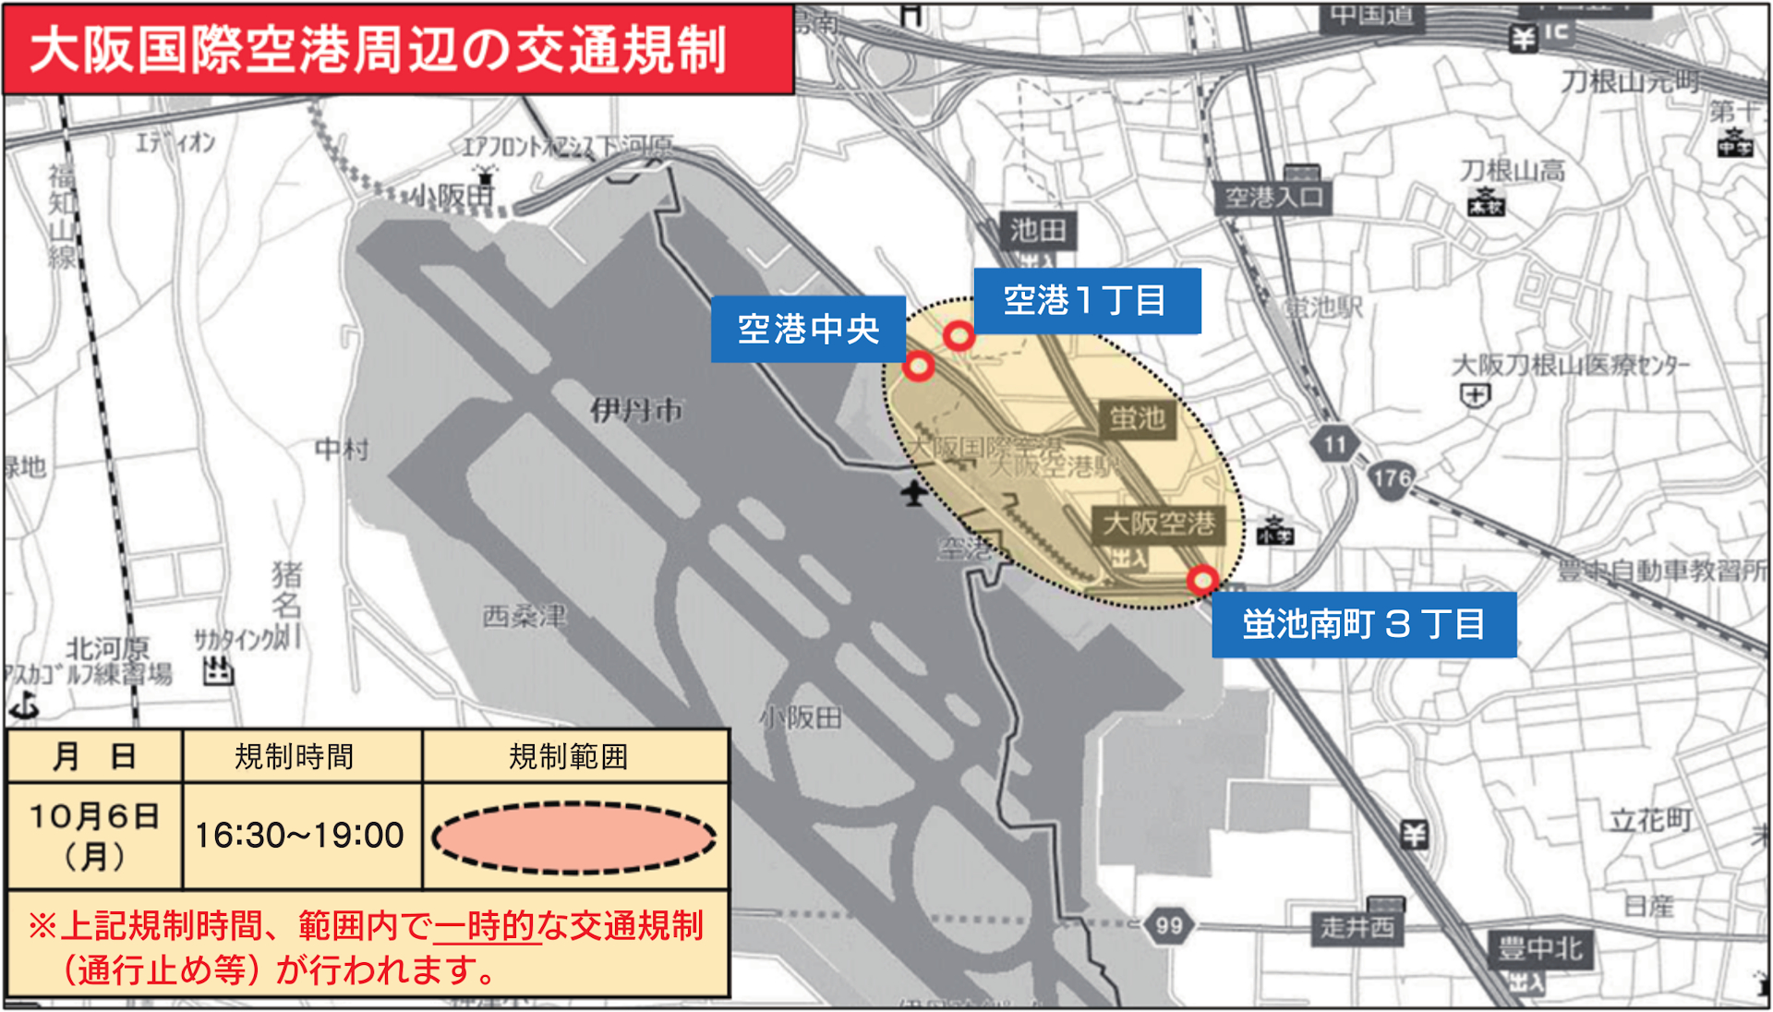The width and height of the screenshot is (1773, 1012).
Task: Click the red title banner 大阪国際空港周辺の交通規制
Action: (397, 50)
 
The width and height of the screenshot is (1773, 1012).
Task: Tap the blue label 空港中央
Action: (808, 329)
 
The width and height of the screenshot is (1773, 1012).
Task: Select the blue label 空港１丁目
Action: (1087, 301)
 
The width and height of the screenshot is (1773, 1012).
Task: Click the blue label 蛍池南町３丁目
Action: (1363, 625)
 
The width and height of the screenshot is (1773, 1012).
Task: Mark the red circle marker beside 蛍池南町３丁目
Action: (1202, 580)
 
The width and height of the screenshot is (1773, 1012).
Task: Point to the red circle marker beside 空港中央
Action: (918, 367)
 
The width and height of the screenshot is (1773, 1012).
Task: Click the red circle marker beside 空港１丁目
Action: (959, 335)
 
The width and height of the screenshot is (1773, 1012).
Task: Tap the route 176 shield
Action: (1391, 478)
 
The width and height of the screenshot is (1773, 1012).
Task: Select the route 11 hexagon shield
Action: (1334, 445)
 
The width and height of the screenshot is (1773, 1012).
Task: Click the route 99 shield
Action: (1168, 925)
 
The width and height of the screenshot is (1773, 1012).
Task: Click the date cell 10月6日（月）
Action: (94, 836)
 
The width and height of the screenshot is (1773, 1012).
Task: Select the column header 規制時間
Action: (295, 757)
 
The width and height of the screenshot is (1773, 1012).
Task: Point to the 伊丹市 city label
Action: (637, 410)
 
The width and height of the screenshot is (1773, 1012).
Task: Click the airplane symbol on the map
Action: (914, 493)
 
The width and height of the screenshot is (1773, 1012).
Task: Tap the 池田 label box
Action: (1038, 230)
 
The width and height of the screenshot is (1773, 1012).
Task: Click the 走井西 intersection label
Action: (1357, 926)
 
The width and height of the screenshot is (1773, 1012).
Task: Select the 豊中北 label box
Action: (1539, 948)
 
